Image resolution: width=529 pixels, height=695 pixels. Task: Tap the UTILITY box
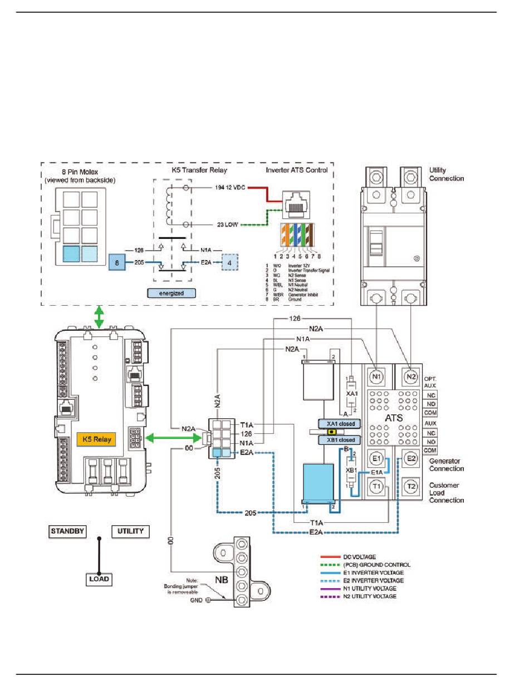coord(130,531)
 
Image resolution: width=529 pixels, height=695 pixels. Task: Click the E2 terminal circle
coord(412,459)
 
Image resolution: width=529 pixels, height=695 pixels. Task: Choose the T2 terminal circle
coord(412,487)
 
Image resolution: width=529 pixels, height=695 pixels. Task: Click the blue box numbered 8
coord(117,262)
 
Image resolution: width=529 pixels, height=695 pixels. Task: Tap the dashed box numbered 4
coord(230,262)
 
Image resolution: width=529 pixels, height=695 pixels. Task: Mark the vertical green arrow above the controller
coord(99,317)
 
